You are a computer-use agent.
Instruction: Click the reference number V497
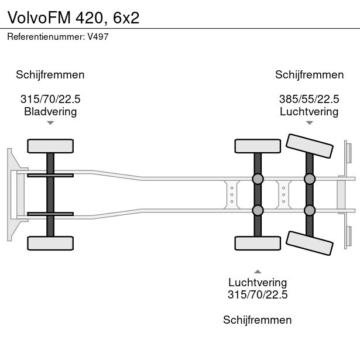tap(98, 36)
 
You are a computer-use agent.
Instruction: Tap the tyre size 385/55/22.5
tap(309, 99)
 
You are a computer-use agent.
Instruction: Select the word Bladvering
tap(50, 111)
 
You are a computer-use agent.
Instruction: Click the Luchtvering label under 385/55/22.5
tap(309, 111)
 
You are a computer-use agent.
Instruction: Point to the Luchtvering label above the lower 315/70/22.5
tap(258, 283)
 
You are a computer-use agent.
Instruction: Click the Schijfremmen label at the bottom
tap(258, 320)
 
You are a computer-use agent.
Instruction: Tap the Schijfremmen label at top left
tap(50, 74)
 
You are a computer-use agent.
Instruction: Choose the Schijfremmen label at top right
tap(309, 74)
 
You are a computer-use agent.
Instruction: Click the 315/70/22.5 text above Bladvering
tap(50, 99)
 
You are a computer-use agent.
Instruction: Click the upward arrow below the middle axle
tap(258, 271)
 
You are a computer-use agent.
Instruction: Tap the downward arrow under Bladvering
tap(50, 123)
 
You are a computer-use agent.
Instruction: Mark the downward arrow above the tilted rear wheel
tap(309, 123)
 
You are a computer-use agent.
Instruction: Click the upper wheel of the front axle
tap(50, 146)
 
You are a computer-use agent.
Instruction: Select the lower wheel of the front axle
tap(50, 243)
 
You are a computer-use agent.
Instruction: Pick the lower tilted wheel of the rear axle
tap(309, 242)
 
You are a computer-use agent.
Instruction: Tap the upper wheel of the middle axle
tap(258, 146)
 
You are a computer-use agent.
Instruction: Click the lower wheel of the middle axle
tap(258, 243)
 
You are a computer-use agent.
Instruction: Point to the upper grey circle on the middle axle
tap(258, 179)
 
